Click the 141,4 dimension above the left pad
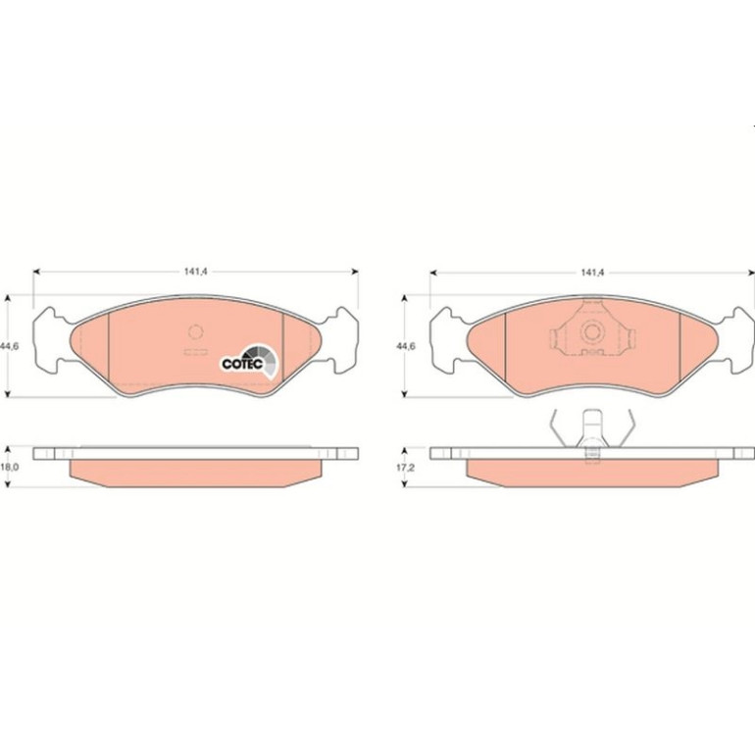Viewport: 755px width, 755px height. pyautogui.click(x=195, y=272)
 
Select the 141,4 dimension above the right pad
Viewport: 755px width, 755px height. pyautogui.click(x=592, y=273)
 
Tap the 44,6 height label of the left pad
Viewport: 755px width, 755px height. pyautogui.click(x=10, y=346)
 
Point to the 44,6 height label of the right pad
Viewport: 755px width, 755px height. pyautogui.click(x=406, y=346)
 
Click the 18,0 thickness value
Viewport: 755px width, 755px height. pyautogui.click(x=10, y=467)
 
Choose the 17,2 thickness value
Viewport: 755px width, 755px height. pyautogui.click(x=406, y=467)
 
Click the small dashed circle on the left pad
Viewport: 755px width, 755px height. pyautogui.click(x=195, y=331)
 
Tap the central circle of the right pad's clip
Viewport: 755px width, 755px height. pyautogui.click(x=592, y=331)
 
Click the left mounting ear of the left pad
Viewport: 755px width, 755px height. pyautogui.click(x=52, y=340)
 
